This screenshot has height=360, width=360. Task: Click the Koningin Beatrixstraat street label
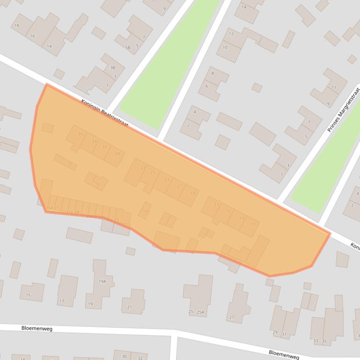tap(104, 113)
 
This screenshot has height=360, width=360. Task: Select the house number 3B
tap(112, 68)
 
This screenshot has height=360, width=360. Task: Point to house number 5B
tap(128, 47)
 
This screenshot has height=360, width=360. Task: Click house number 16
tap(32, 36)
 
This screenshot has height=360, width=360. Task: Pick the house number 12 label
tap(231, 34)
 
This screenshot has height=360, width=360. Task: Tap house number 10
tap(225, 47)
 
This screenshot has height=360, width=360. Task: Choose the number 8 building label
tap(213, 73)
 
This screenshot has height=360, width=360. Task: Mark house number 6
tap(206, 86)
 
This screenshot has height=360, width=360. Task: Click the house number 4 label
tap(194, 112)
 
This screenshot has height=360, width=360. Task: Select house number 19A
tap(102, 281)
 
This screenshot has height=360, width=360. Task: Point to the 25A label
tap(201, 312)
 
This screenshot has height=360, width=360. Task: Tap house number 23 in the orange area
tap(167, 180)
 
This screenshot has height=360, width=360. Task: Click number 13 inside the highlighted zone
tap(241, 218)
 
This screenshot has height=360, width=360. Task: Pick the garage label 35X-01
tap(52, 208)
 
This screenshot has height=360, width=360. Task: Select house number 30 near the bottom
tap(124, 356)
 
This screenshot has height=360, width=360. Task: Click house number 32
tap(139, 357)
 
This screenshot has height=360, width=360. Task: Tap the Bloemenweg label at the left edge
tap(37, 329)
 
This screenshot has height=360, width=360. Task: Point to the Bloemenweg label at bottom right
tap(284, 354)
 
